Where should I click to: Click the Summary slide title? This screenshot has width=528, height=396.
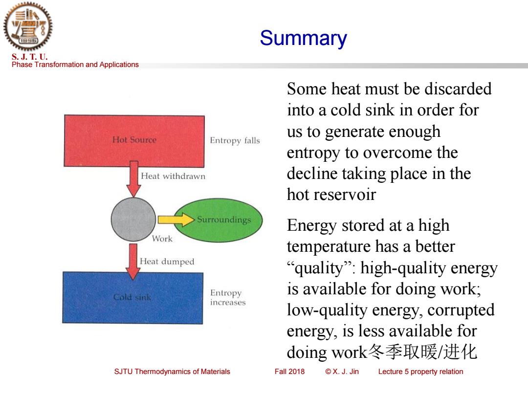tap(303, 39)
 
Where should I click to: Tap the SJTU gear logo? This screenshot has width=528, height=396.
tap(28, 26)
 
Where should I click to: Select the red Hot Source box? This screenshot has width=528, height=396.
tap(134, 140)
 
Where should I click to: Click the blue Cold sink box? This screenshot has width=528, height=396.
tap(132, 298)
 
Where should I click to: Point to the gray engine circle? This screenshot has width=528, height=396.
tap(133, 219)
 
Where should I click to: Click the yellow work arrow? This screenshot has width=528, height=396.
tap(176, 220)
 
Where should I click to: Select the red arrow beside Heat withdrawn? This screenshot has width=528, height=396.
tap(133, 179)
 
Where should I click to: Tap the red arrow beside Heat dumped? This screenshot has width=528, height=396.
tap(133, 262)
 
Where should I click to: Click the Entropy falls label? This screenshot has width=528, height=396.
tap(235, 140)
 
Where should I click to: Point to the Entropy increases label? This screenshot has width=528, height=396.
tap(228, 297)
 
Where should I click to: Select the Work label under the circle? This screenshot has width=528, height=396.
tap(162, 239)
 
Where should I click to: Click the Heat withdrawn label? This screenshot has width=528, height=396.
tap(173, 176)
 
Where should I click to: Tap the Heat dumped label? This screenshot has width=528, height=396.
tap(167, 262)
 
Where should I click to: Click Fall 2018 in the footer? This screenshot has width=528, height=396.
tap(289, 372)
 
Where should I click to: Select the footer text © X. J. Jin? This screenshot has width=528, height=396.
tap(342, 372)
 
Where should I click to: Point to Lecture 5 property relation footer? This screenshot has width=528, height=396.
tap(420, 372)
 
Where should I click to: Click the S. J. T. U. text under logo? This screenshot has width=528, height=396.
tap(30, 57)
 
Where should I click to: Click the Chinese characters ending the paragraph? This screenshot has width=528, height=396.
tap(422, 352)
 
